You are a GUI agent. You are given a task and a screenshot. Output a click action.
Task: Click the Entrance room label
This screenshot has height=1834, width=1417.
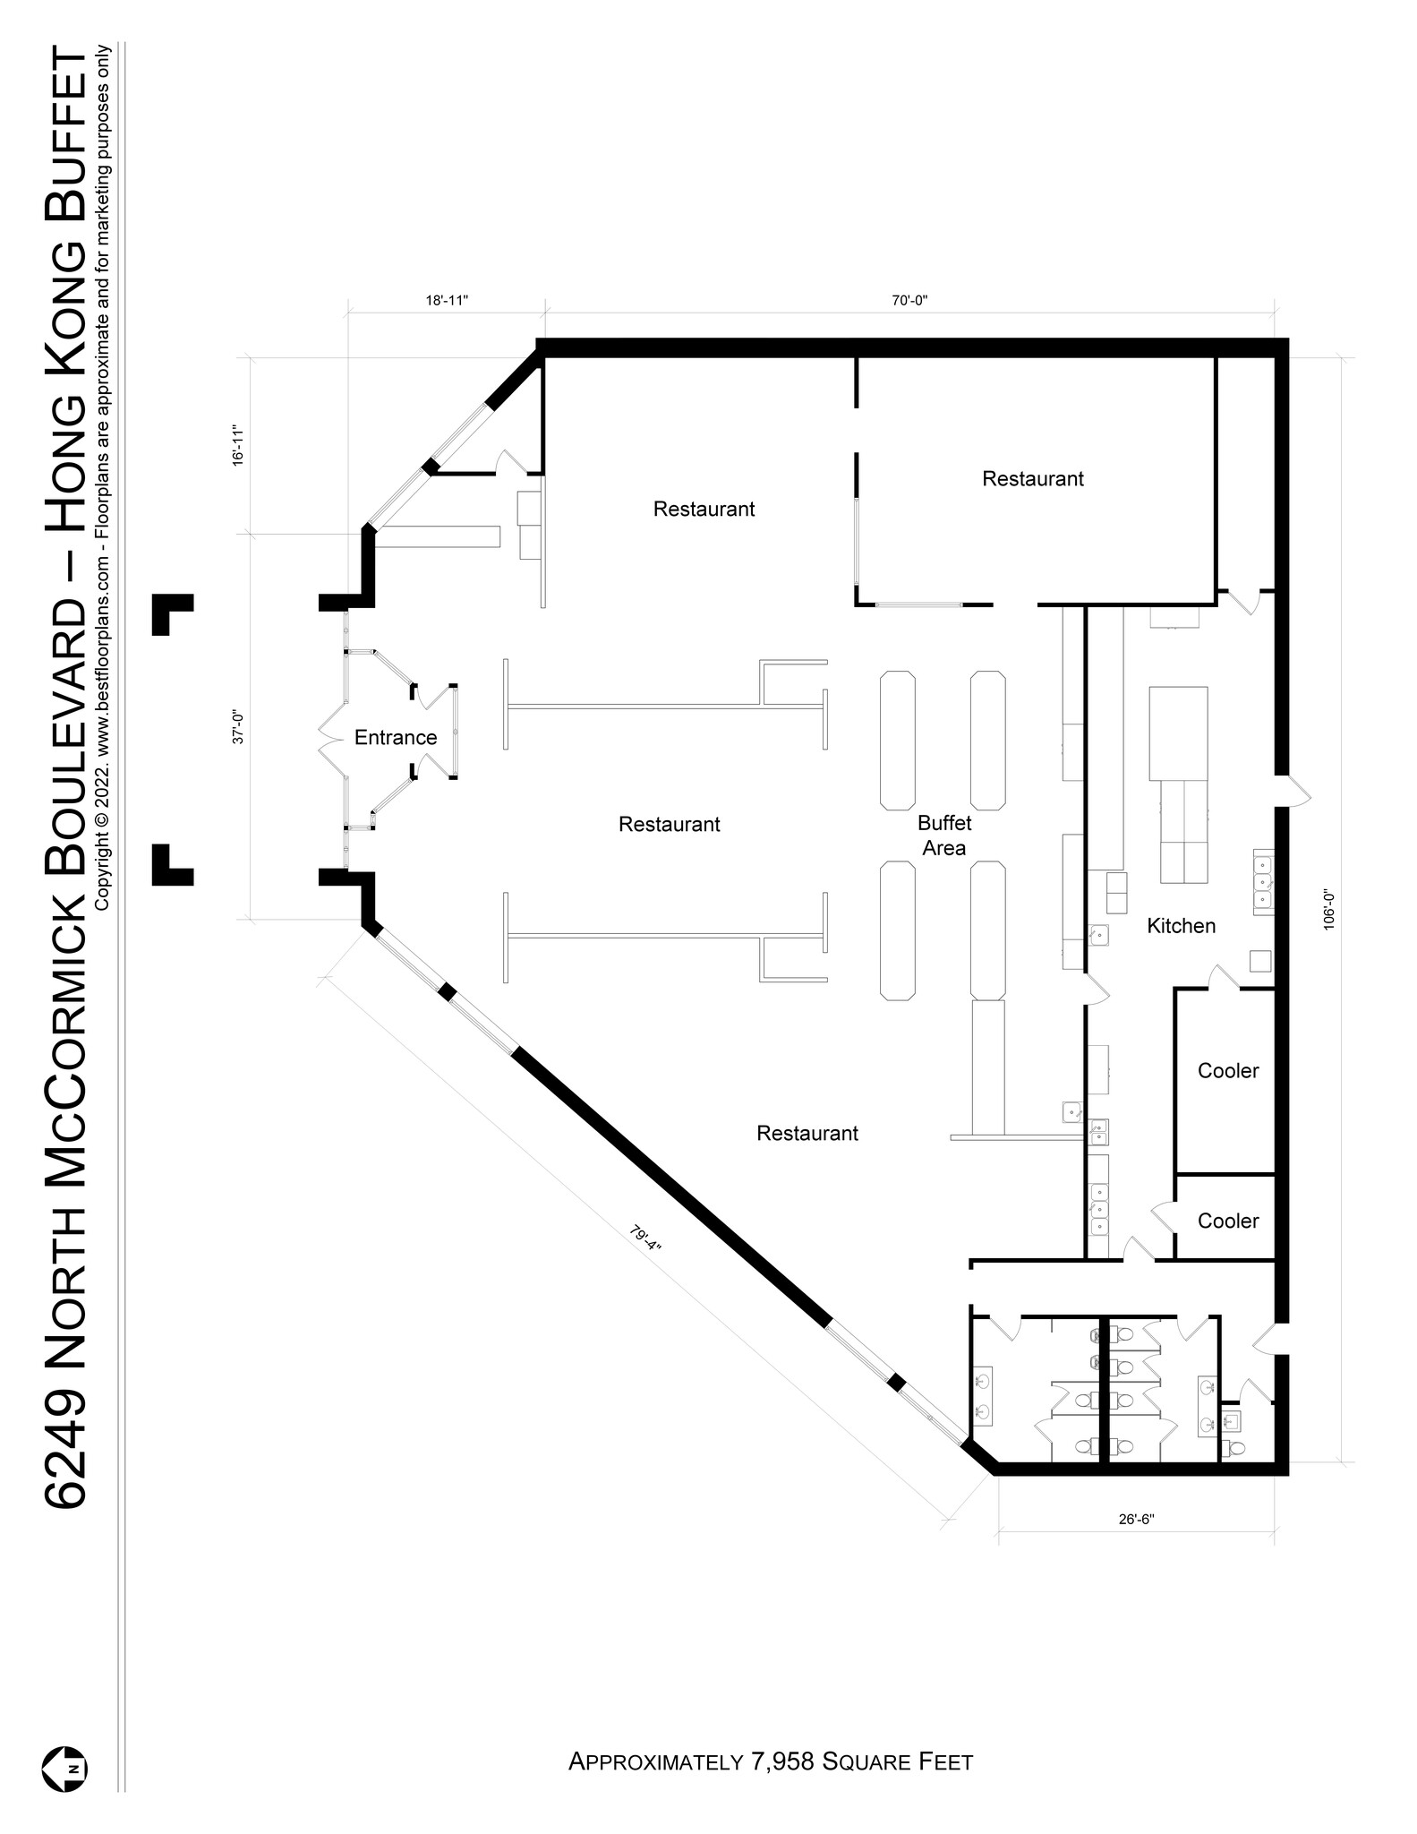pos(395,737)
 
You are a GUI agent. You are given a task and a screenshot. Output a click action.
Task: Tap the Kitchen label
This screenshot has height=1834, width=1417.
pos(1181,926)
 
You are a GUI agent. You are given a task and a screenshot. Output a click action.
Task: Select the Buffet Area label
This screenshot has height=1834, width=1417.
pos(943,835)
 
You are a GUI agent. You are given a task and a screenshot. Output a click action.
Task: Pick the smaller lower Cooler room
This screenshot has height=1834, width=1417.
pos(1227,1221)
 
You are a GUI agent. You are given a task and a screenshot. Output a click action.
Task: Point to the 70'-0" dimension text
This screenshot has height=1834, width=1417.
pos(909,301)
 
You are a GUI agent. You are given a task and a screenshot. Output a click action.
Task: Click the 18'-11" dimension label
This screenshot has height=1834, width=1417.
pos(447,301)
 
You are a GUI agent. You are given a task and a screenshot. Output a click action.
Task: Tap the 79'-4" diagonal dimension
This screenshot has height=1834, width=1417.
pos(644,1244)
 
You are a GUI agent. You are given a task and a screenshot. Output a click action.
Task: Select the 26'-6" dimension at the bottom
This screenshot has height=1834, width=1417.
pos(1138,1519)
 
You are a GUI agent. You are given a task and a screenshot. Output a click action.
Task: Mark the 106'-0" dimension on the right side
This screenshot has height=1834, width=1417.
pos(1328,909)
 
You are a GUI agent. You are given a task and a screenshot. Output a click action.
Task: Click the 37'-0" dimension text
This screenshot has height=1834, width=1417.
pos(238,727)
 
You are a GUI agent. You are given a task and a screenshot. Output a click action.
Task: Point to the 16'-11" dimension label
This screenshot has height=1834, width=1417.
pos(238,445)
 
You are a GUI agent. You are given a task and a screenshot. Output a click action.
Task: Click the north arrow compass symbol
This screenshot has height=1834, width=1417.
pos(64,1770)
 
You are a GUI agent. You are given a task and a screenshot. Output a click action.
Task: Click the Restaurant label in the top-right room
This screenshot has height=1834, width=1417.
pos(1032,479)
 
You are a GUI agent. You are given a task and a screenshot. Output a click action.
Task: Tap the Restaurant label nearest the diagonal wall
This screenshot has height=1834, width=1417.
pos(807,1134)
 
